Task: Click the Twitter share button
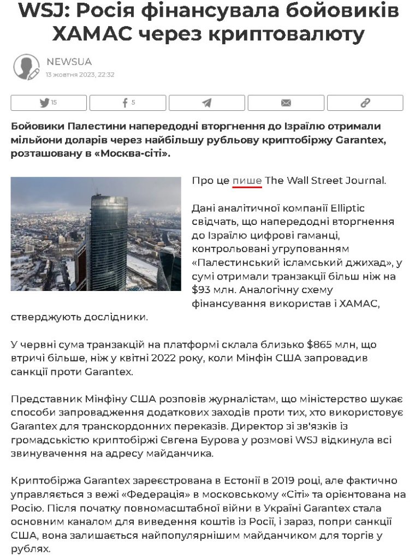point(49,103)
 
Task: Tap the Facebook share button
point(128,103)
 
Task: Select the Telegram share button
point(207,103)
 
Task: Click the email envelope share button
point(286,103)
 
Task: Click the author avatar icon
point(26,66)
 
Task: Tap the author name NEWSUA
point(69,62)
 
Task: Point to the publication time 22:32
point(106,75)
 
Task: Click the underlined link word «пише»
point(247,181)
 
